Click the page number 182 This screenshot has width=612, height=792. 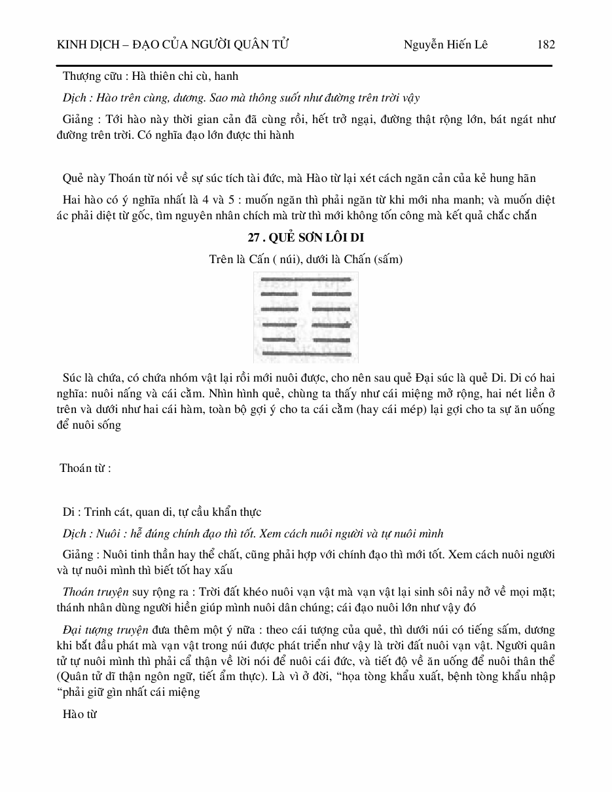(545, 45)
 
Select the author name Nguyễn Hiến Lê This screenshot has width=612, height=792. (446, 45)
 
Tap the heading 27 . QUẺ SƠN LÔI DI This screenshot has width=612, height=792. (306, 237)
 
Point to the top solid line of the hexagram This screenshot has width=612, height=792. (306, 279)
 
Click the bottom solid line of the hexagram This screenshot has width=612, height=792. (306, 354)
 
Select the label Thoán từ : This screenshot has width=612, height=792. (85, 468)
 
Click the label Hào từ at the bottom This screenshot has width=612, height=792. (79, 714)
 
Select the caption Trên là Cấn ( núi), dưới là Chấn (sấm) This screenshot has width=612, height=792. (306, 259)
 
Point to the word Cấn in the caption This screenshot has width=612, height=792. (256, 259)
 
